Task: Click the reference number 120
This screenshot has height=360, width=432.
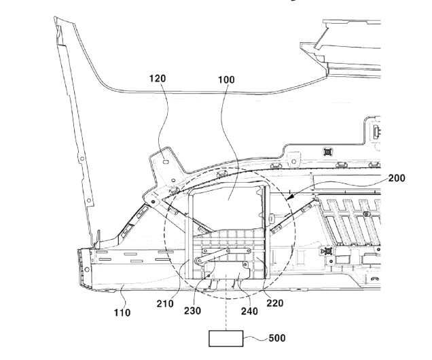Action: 158,79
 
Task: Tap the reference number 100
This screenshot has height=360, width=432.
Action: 226,80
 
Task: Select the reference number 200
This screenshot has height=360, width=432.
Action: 397,178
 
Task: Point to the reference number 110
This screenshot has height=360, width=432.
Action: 122,312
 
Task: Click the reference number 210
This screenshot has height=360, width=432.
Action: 165,304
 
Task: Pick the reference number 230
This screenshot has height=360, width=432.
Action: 193,310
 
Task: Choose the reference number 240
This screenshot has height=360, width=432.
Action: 249,311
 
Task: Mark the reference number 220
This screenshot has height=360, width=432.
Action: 275,303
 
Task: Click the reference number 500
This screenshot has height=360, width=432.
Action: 277,338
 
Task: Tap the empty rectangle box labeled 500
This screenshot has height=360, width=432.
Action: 226,338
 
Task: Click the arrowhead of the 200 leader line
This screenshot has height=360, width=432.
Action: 288,198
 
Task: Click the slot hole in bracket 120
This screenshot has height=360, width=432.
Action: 165,161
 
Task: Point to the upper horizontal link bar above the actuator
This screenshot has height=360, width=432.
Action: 226,251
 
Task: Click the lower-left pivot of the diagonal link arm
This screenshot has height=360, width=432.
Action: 198,261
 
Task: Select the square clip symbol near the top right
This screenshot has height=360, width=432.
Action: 327,151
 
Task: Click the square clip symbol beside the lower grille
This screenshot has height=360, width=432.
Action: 327,251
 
